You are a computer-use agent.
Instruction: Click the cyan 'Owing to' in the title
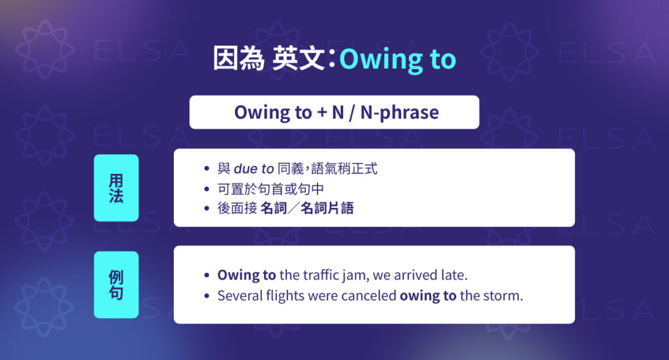(x=397, y=59)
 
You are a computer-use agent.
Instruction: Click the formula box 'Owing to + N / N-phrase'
(x=334, y=112)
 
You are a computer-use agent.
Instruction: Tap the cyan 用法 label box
(x=116, y=188)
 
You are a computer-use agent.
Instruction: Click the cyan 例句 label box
(x=116, y=285)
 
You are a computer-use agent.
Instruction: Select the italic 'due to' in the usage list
(x=253, y=169)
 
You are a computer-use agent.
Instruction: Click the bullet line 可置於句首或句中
(x=271, y=189)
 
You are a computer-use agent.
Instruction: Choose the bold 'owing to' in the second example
(x=428, y=295)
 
